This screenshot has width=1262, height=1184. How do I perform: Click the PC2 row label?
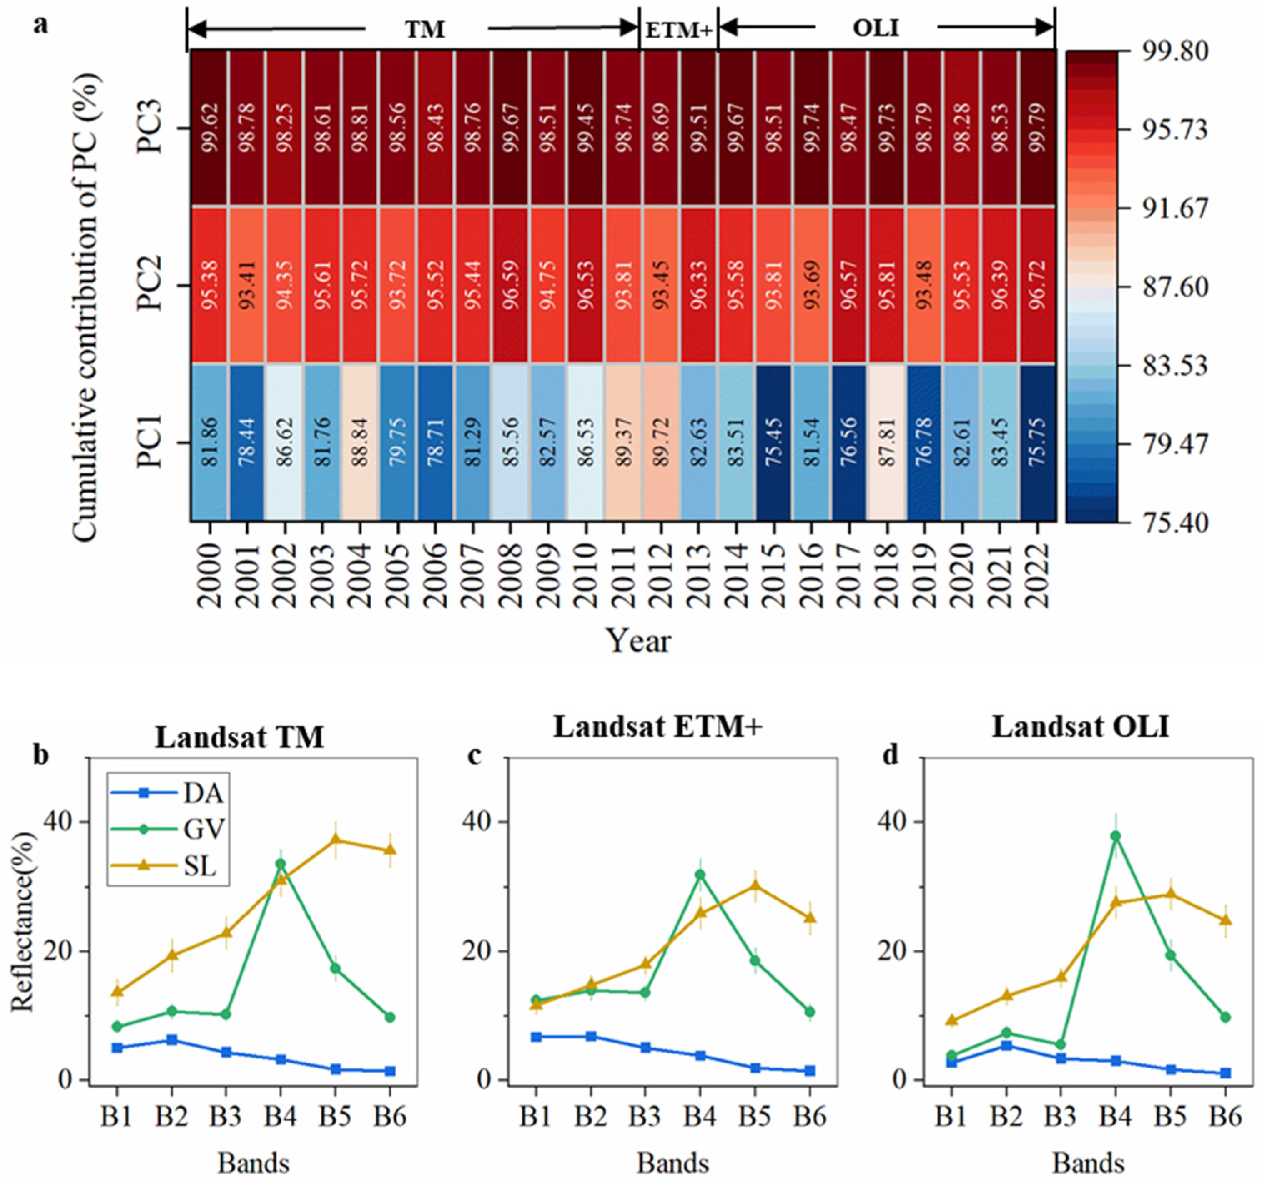[x=151, y=285]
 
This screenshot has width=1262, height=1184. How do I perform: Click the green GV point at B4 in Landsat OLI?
[x=1115, y=835]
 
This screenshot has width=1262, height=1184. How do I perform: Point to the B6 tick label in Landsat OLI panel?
[x=1224, y=1117]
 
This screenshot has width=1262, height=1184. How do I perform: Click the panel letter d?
[x=891, y=756]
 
